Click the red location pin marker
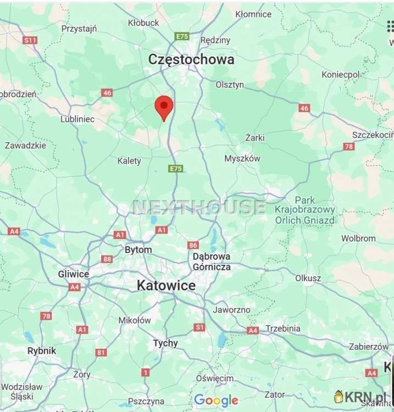point(164,107)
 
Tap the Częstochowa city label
point(191,59)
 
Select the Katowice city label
point(166,286)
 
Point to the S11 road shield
point(30,40)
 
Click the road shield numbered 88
point(107,259)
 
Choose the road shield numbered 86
point(193,245)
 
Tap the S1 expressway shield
point(199,327)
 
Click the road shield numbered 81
point(101,352)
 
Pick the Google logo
point(216,400)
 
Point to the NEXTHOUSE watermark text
point(199,207)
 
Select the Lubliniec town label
point(77,119)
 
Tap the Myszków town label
point(242,158)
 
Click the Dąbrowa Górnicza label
point(212,261)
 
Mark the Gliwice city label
point(74,274)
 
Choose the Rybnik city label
point(42,350)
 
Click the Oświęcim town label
point(214,378)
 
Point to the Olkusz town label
point(308,278)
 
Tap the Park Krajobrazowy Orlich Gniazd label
point(305,210)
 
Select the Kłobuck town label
point(143,23)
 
